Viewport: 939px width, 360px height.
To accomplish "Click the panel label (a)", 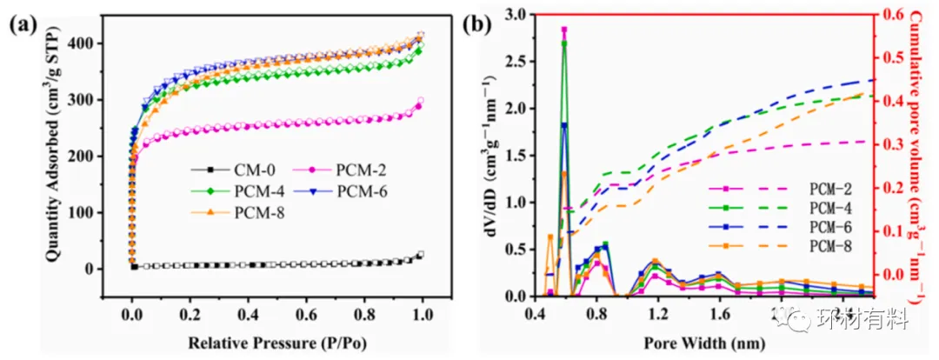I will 23,24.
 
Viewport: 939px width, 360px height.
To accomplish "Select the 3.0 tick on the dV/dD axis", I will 514,15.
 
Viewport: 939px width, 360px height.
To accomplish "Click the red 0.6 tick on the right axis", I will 897,15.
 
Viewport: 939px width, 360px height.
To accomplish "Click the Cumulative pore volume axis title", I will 923,157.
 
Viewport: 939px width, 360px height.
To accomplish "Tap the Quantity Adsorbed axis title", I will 53,157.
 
